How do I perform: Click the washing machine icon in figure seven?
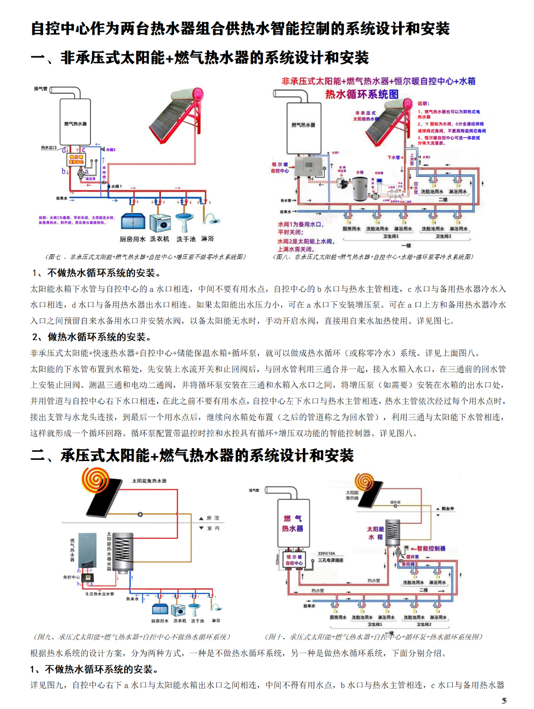pos(160,223)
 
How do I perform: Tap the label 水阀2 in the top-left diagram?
pos(110,150)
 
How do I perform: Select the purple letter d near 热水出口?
pos(64,150)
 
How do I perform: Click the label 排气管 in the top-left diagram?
pos(40,89)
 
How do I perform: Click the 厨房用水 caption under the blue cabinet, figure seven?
pos(132,239)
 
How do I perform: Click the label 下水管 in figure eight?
pos(393,157)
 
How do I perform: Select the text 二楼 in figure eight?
pos(443,200)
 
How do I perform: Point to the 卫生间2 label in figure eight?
pos(443,236)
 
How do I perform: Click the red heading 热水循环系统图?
pos(362,94)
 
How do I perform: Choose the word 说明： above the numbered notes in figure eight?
pos(423,104)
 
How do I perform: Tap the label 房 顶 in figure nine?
pos(213,518)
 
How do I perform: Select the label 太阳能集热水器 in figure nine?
pos(149,481)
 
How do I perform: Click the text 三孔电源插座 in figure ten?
pos(331,560)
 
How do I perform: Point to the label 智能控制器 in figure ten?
pos(431,548)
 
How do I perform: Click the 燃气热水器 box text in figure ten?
pos(293,523)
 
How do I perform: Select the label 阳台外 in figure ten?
pos(448,508)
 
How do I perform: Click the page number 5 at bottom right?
pos(504,701)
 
